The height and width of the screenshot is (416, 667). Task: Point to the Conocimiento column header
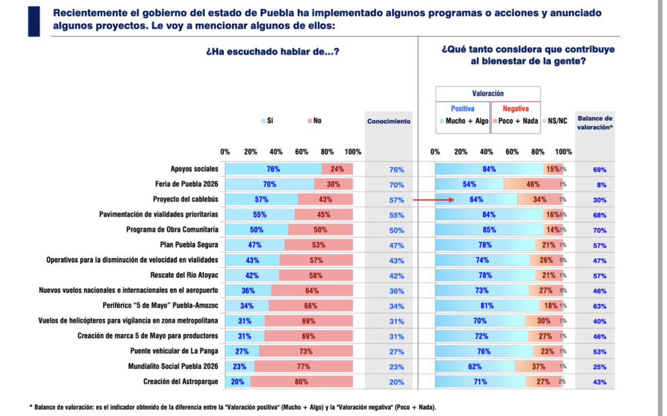click(389, 121)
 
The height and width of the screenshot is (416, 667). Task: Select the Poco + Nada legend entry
click(517, 121)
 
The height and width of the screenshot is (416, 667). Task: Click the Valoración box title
click(487, 94)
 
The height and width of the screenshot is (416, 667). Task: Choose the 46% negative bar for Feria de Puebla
click(533, 185)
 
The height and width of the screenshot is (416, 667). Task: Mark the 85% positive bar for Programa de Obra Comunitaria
click(489, 230)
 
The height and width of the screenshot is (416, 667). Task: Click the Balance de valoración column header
click(595, 121)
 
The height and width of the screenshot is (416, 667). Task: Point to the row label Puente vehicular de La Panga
click(174, 351)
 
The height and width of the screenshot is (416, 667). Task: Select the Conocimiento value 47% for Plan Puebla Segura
click(397, 245)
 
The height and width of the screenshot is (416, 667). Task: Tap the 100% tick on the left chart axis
click(353, 152)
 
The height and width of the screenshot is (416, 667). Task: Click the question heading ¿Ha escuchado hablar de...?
click(272, 52)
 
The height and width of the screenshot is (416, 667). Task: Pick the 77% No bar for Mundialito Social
click(303, 367)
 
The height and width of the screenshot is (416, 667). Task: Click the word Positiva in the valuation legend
click(462, 109)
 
